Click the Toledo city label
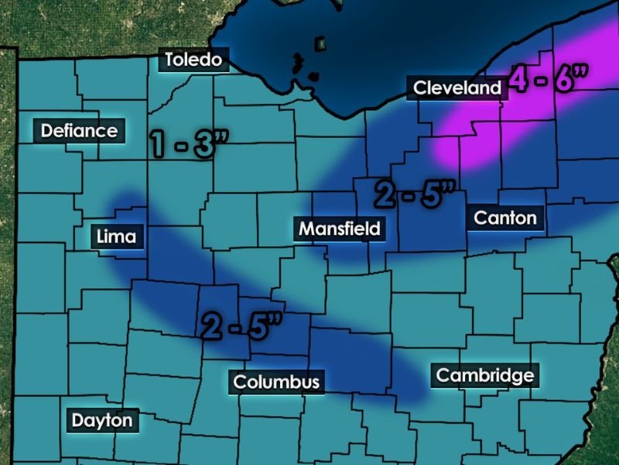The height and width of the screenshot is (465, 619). (194, 60)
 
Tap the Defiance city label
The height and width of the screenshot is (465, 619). (79, 130)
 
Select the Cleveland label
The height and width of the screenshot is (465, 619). (457, 88)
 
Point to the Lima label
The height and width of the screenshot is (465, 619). (117, 236)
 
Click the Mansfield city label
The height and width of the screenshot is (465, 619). (340, 229)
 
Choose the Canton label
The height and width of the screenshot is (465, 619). (505, 217)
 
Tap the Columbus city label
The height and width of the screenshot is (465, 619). (276, 381)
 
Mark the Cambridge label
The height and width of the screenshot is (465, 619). (485, 376)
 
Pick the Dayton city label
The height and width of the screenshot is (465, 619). (101, 421)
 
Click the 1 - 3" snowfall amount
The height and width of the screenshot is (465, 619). (183, 143)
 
